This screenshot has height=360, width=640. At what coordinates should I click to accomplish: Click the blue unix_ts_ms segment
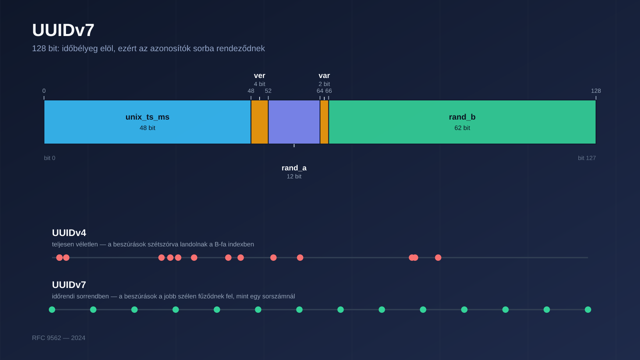[148, 122]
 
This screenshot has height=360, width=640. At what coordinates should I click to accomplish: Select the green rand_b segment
[462, 122]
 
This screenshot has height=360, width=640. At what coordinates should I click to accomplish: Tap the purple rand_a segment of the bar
[294, 122]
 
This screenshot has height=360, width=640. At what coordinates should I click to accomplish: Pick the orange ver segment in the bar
[260, 122]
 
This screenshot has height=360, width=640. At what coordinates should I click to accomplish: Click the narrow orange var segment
[324, 122]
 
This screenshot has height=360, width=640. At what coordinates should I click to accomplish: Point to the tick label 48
[251, 91]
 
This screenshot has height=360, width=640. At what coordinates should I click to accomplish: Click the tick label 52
[268, 91]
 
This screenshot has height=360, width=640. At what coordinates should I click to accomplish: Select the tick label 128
[596, 91]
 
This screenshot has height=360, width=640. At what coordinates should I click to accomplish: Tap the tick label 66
[328, 91]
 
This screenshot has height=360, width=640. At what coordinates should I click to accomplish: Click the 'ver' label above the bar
[260, 76]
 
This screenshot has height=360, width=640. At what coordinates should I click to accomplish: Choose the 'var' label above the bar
[324, 76]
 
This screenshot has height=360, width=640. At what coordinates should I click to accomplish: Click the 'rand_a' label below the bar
[294, 168]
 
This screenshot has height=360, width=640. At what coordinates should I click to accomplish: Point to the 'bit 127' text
[587, 158]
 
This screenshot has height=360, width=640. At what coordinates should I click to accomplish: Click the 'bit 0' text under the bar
[50, 158]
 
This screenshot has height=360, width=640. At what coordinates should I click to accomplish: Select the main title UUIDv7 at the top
[63, 30]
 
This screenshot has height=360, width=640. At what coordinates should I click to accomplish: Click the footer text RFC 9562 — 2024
[58, 338]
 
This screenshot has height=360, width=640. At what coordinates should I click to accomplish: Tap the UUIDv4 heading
[69, 233]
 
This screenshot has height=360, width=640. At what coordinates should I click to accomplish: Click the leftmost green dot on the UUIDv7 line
[52, 310]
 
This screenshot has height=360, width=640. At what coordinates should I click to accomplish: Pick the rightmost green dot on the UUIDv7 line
[588, 310]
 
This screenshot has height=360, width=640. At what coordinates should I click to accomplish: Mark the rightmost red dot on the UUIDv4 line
[438, 258]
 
